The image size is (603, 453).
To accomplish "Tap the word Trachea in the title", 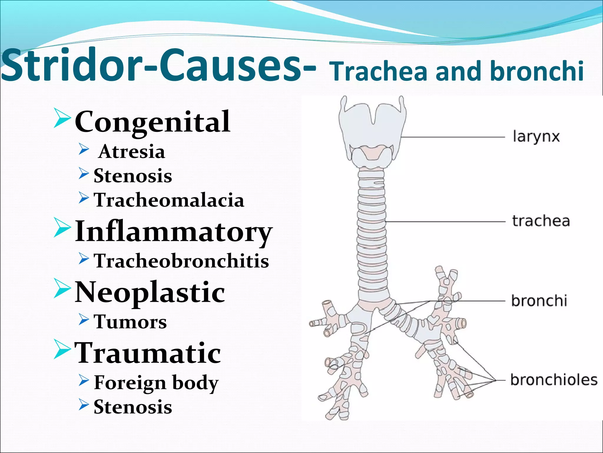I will tap(378, 72).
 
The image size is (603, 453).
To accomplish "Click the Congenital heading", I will tap(152, 122).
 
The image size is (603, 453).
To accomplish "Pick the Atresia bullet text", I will tap(132, 152).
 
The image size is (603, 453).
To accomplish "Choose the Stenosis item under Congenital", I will tap(132, 176).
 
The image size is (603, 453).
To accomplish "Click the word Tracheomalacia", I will tap(169, 200).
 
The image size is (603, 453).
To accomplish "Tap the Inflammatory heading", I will tap(173, 232).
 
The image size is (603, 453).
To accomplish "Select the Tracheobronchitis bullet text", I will tap(181, 261).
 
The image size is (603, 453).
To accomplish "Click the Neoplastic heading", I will tap(150, 292).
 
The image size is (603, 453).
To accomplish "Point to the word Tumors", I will tap(130, 322).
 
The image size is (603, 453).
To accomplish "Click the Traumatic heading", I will tap(148, 353).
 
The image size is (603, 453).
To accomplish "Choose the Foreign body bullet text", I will tap(156, 383).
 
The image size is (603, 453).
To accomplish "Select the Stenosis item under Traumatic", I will tap(132, 407).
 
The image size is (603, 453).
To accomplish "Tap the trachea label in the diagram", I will tap(541, 221).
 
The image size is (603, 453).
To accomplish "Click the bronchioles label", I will tap(554, 380).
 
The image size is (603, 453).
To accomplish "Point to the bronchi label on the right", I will tap(539, 301).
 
